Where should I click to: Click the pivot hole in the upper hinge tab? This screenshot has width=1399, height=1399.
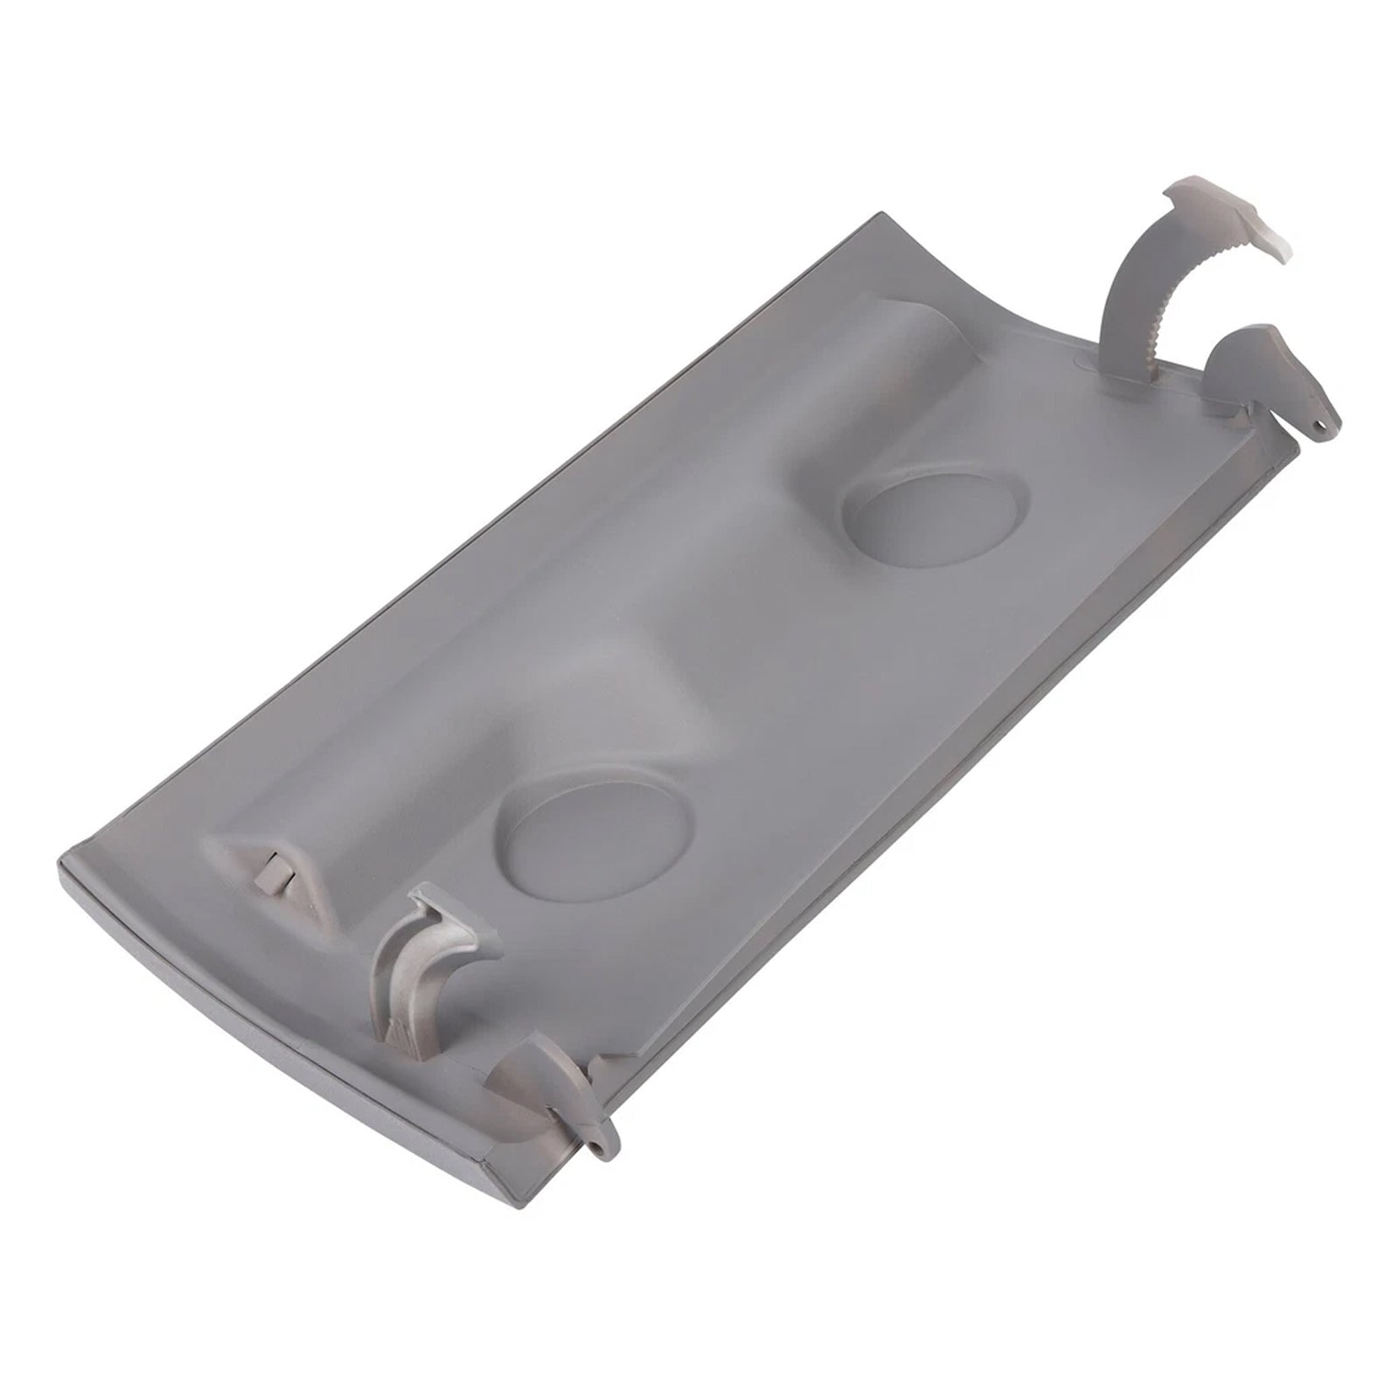(x=1319, y=425)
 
